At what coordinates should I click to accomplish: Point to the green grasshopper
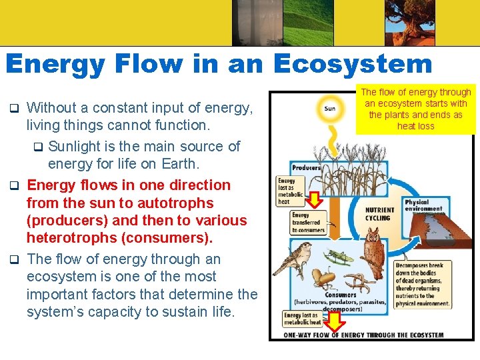pos(339,254)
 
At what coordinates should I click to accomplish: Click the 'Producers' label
pos(306,167)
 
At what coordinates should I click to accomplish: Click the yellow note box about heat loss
pos(415,109)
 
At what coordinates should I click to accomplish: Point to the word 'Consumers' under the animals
pos(341,295)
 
